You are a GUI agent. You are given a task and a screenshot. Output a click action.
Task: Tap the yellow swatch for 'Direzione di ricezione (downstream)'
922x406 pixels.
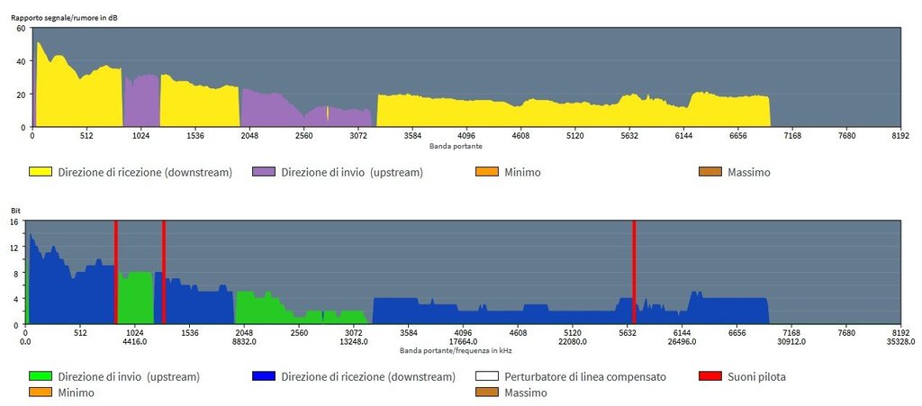click(40, 171)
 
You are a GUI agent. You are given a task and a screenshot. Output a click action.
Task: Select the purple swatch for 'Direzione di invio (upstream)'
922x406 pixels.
click(264, 171)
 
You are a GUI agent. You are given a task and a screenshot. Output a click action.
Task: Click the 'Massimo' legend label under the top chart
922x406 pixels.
click(748, 171)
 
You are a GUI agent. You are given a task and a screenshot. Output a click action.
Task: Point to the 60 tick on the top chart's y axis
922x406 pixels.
click(21, 29)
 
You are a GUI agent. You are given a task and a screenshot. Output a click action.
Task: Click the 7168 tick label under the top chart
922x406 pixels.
click(792, 135)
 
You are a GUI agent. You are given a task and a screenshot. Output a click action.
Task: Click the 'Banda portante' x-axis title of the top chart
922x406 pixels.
click(456, 145)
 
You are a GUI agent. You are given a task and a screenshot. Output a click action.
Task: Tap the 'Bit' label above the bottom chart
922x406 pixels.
click(14, 212)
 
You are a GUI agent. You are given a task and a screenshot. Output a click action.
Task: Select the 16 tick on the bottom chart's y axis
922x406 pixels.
click(14, 221)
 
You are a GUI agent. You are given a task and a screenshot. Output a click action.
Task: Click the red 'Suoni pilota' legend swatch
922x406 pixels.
click(710, 376)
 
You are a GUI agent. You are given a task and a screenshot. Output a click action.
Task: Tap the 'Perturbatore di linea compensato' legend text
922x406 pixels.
click(585, 376)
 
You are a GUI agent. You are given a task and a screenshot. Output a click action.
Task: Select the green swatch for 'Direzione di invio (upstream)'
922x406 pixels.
click(40, 376)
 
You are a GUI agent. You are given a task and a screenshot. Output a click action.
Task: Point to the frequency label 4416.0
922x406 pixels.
click(133, 341)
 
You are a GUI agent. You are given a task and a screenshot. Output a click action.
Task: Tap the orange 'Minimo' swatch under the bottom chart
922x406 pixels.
click(40, 392)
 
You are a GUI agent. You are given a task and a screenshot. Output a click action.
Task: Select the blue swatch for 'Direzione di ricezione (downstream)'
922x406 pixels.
click(264, 376)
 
